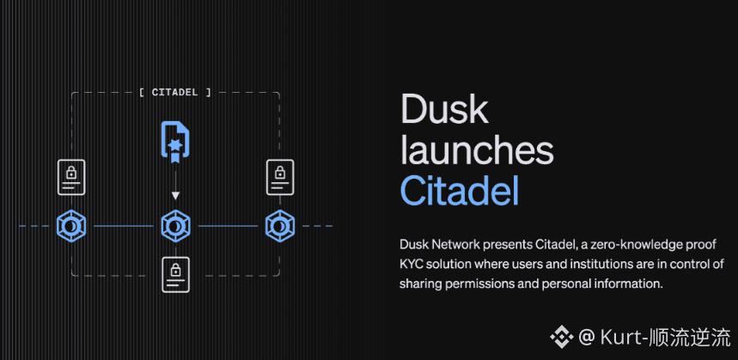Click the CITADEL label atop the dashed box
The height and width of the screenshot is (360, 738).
174,92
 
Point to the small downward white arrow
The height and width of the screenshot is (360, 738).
175,196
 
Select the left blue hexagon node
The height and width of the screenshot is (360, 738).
70,226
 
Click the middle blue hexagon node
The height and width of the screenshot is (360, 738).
175,226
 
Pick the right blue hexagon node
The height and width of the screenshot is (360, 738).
279,226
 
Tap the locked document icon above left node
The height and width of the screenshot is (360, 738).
70,178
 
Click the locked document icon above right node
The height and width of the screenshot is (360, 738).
280,178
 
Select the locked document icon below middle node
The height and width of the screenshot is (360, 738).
175,273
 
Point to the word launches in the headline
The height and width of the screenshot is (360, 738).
477,150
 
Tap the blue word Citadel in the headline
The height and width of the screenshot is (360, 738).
459,191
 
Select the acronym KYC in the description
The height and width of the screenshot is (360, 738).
412,264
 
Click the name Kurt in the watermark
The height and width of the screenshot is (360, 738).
618,335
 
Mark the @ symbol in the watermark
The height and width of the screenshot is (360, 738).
586,335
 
